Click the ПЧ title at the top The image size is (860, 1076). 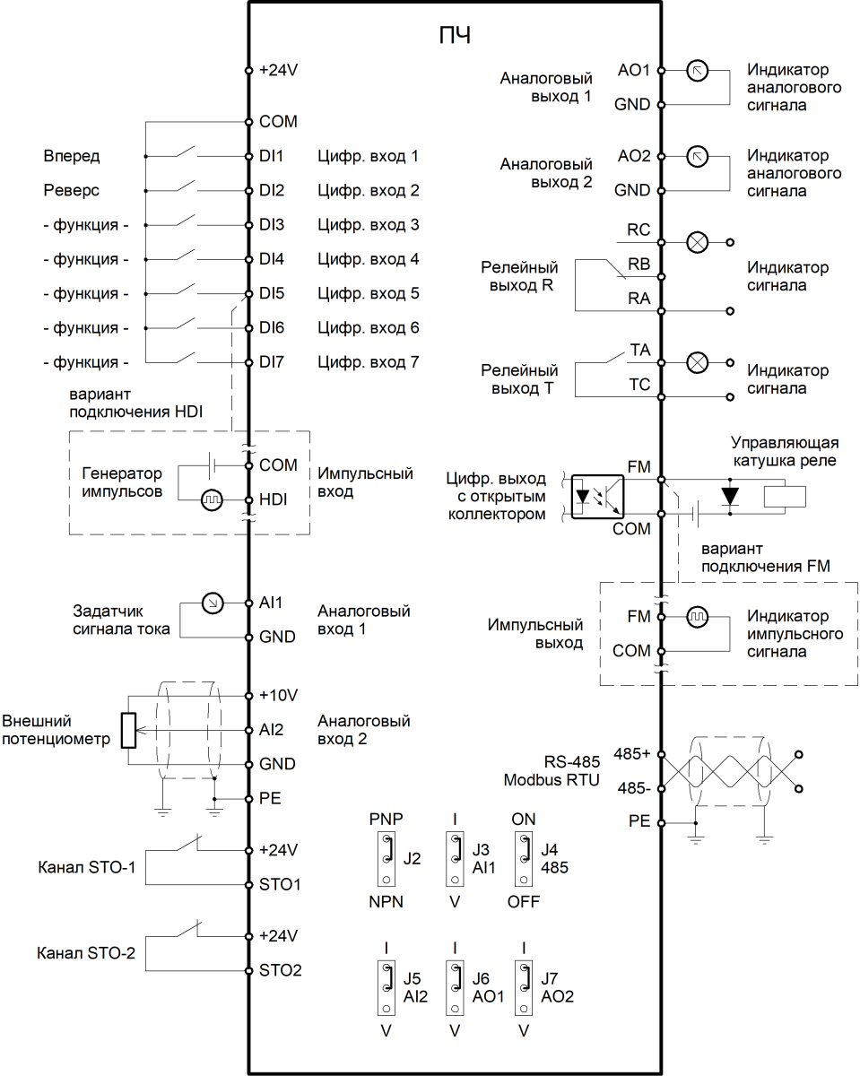[455, 36]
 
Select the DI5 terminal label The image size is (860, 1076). [272, 293]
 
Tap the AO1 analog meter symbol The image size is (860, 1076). [697, 71]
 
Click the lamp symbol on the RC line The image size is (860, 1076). [697, 242]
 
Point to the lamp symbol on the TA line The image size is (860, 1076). [697, 362]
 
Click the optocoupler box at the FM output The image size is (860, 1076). [597, 497]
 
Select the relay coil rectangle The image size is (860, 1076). [785, 497]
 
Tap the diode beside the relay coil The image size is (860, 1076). [730, 496]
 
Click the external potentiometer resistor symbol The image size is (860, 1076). [128, 731]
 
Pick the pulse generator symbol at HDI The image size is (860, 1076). [212, 500]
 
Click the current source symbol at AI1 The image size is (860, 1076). [213, 603]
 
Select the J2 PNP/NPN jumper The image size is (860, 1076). [386, 859]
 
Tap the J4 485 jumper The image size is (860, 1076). [524, 859]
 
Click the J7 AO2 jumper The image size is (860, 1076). [524, 988]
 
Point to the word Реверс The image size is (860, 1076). [72, 190]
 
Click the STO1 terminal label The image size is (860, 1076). [280, 884]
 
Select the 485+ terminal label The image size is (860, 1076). [632, 754]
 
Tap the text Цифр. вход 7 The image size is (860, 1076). [369, 362]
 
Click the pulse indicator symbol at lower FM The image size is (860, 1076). [697, 617]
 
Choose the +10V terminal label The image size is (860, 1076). [279, 696]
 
